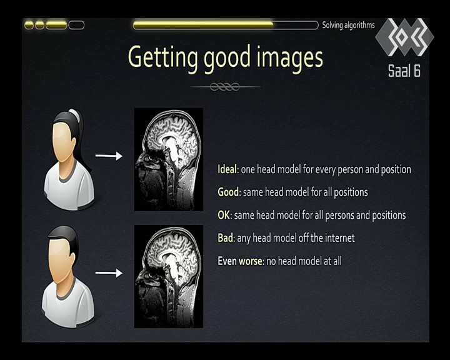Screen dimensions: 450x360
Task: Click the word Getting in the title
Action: [x=162, y=58]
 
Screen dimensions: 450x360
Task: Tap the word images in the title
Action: [x=289, y=58]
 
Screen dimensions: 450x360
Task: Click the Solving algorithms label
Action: [x=348, y=25]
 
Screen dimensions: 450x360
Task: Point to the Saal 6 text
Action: [x=404, y=71]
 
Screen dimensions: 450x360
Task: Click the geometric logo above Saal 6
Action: [x=404, y=37]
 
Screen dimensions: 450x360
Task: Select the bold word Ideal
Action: [x=227, y=169]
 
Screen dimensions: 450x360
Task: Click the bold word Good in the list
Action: [x=228, y=192]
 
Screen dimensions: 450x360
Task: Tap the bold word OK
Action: [x=224, y=215]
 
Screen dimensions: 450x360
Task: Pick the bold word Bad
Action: [x=225, y=237]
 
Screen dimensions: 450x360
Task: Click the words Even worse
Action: [x=240, y=261]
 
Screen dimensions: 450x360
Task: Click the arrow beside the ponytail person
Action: [x=109, y=156]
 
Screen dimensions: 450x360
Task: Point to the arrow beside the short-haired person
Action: [x=109, y=272]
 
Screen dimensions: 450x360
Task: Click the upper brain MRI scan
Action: [x=169, y=159]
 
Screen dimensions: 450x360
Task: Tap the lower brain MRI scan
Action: [x=169, y=276]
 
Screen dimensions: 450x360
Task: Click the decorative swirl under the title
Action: [x=226, y=86]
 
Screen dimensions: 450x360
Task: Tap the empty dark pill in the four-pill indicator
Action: [x=77, y=25]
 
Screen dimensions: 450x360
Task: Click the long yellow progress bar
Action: [x=226, y=25]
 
